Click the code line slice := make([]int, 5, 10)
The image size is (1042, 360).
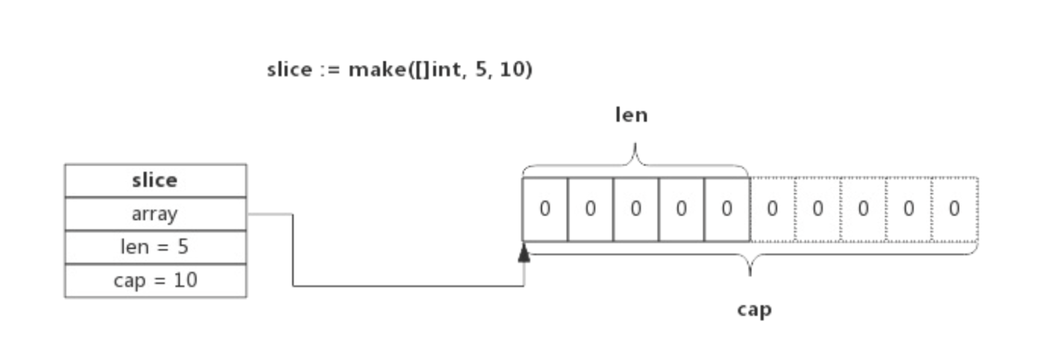coord(399,69)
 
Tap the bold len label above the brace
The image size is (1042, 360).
coord(631,115)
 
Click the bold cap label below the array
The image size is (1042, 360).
coord(754,310)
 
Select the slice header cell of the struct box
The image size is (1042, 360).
coord(156,181)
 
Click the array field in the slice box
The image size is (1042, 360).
coord(156,214)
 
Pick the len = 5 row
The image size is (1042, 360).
coord(156,247)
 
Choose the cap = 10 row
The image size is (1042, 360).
coord(156,280)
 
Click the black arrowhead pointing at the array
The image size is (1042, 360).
coord(524,253)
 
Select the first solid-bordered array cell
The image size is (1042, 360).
coord(545,209)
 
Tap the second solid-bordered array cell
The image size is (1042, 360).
coord(590,209)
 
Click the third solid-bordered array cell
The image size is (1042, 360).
coord(635,209)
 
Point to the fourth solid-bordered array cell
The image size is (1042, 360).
coord(681,209)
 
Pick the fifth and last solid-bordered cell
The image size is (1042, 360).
coord(727,209)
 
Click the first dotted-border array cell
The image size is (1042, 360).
coord(772,209)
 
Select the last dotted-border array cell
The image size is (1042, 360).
coord(954,209)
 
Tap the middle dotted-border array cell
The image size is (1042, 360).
coord(863,209)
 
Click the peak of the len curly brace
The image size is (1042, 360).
coord(635,146)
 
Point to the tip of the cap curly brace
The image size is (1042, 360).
coord(750,274)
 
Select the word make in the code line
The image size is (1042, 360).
coord(376,69)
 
